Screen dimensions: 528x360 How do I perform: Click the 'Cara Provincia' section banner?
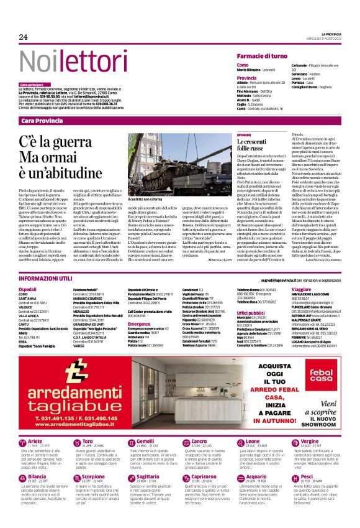pyautogui.click(x=42, y=121)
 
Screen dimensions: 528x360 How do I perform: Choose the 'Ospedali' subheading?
pyautogui.click(x=28, y=290)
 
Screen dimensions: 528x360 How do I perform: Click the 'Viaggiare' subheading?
pyautogui.click(x=300, y=290)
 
